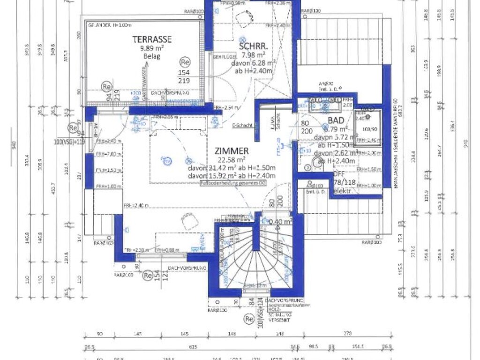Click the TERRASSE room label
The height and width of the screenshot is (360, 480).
[x=151, y=39]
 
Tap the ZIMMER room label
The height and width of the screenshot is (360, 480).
[x=232, y=151]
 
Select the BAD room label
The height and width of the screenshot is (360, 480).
[x=336, y=120]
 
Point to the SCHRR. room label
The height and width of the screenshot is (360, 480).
[x=253, y=47]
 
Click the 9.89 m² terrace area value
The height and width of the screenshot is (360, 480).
[x=151, y=48]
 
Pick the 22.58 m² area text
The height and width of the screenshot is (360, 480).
[x=232, y=160]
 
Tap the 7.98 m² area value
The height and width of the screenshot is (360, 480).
[x=253, y=55]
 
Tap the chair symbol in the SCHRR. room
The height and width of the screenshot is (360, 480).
[x=244, y=18]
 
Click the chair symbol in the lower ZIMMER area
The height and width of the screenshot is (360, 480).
[x=189, y=221]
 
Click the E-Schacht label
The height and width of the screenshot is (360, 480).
[x=243, y=125]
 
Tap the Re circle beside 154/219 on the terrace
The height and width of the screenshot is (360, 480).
[x=185, y=62]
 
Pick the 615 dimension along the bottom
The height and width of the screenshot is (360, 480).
[x=192, y=348]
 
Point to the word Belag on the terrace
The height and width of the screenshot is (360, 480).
[x=151, y=56]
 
